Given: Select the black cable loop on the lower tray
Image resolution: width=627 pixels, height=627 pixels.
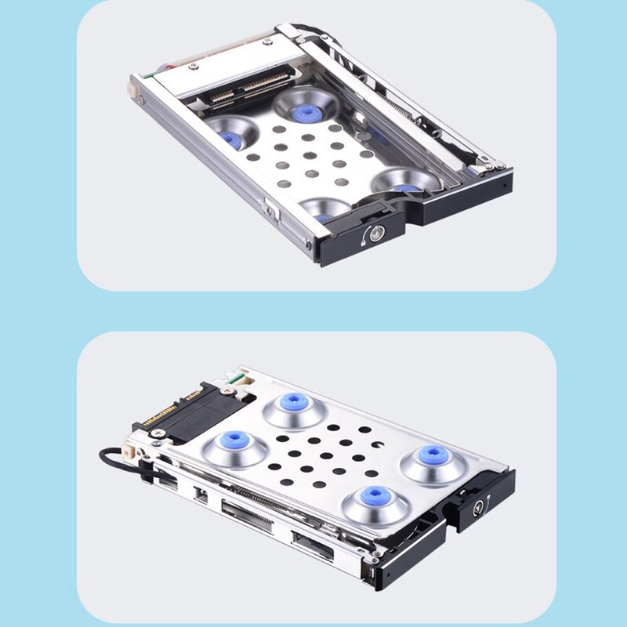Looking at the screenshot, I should pos(118,458).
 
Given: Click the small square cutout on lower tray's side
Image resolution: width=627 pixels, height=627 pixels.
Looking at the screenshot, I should pos(200,493).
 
